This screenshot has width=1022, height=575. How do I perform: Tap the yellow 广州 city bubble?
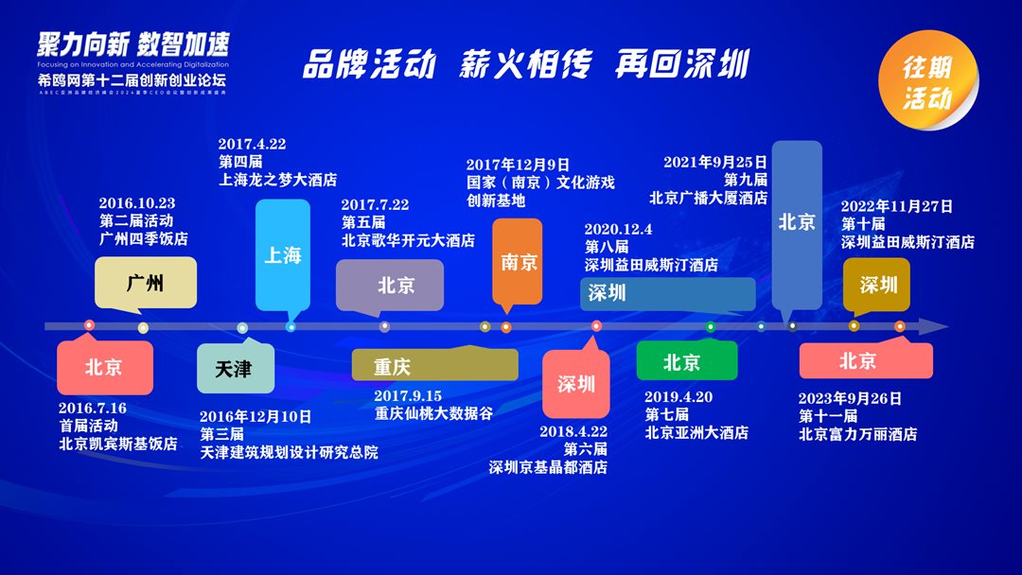click(x=146, y=281)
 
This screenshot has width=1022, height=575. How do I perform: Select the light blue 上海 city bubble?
click(x=282, y=254)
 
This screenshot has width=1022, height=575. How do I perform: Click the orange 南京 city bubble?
click(x=518, y=261)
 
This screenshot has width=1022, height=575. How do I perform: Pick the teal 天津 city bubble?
click(x=236, y=368)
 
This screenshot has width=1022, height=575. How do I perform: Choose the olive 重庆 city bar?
click(x=434, y=365)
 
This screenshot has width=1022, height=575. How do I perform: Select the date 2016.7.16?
click(x=93, y=409)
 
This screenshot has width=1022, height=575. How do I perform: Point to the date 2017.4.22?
click(x=252, y=145)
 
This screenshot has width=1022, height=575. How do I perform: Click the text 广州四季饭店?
click(x=143, y=238)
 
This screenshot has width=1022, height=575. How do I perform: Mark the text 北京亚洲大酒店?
click(x=696, y=432)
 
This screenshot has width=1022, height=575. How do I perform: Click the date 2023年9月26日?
click(x=850, y=398)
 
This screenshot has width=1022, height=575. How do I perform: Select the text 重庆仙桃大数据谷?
click(x=433, y=413)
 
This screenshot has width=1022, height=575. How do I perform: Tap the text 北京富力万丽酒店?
click(x=857, y=434)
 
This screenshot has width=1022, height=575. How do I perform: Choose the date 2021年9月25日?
click(x=715, y=162)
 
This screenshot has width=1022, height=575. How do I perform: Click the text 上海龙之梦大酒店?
click(x=277, y=180)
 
